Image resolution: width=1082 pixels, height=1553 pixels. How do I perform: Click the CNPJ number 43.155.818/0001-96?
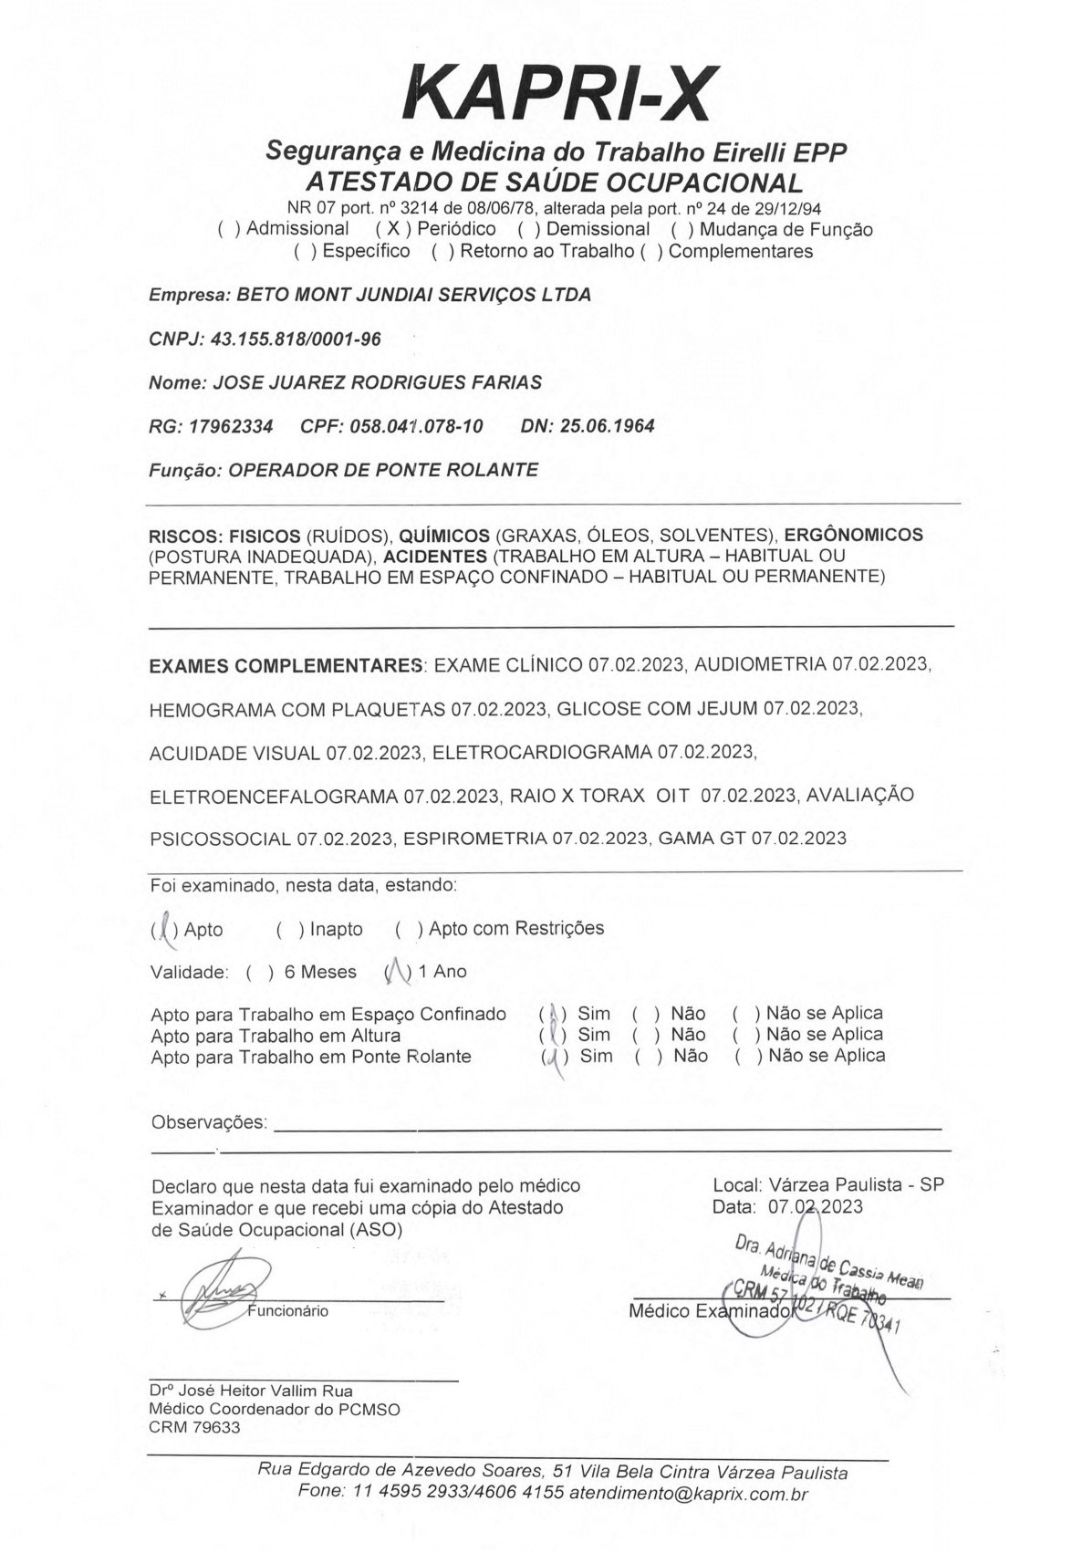(296, 339)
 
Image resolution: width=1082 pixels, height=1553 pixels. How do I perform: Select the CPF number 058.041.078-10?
(416, 426)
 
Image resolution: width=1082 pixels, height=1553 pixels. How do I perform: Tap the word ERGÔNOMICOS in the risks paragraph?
(854, 535)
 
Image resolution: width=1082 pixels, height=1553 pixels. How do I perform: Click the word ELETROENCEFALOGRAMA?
(274, 796)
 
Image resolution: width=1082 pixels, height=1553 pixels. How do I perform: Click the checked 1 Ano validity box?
(398, 972)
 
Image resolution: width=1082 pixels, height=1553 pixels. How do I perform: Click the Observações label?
(209, 1122)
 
